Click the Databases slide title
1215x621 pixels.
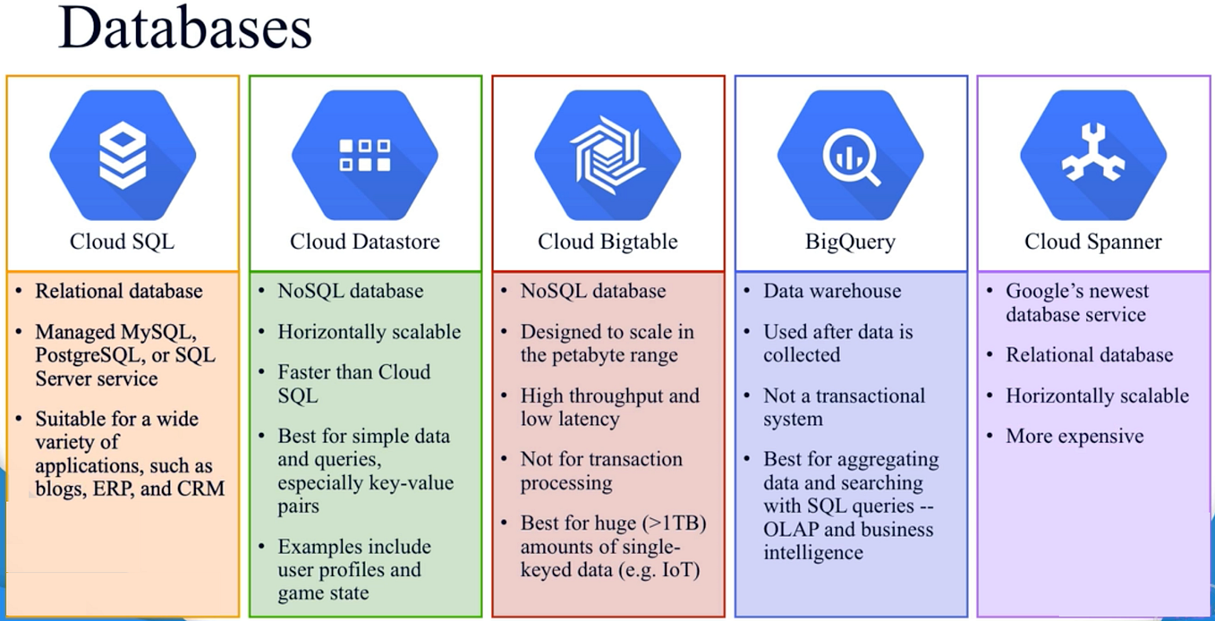(x=184, y=29)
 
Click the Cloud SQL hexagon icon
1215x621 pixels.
(x=123, y=155)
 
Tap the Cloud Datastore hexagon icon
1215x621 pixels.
(x=365, y=155)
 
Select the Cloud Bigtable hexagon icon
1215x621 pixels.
(x=607, y=155)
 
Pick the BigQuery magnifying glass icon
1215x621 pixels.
(x=850, y=155)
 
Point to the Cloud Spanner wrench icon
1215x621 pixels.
(x=1092, y=155)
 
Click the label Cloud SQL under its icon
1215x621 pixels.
(x=123, y=242)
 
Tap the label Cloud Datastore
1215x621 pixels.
(x=365, y=242)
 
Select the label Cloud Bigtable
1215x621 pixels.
(x=607, y=242)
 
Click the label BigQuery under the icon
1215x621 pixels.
(x=850, y=242)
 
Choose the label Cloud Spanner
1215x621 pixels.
(x=1092, y=242)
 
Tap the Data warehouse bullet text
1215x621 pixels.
(x=832, y=291)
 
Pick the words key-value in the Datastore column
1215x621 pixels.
(x=414, y=483)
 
